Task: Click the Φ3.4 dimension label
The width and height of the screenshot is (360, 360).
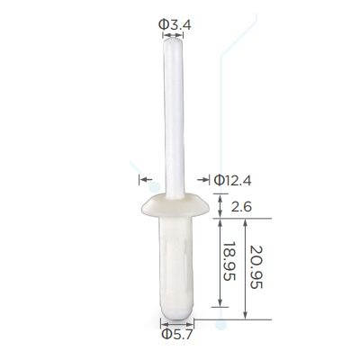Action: pyautogui.click(x=175, y=25)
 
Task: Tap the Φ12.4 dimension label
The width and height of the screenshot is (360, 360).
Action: pyautogui.click(x=232, y=181)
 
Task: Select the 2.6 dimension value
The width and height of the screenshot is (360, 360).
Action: pyautogui.click(x=241, y=207)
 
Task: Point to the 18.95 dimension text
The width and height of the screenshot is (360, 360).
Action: pyautogui.click(x=229, y=261)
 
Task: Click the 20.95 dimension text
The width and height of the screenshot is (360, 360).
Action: pyautogui.click(x=256, y=267)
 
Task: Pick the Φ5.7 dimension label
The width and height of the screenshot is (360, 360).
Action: pyautogui.click(x=176, y=334)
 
